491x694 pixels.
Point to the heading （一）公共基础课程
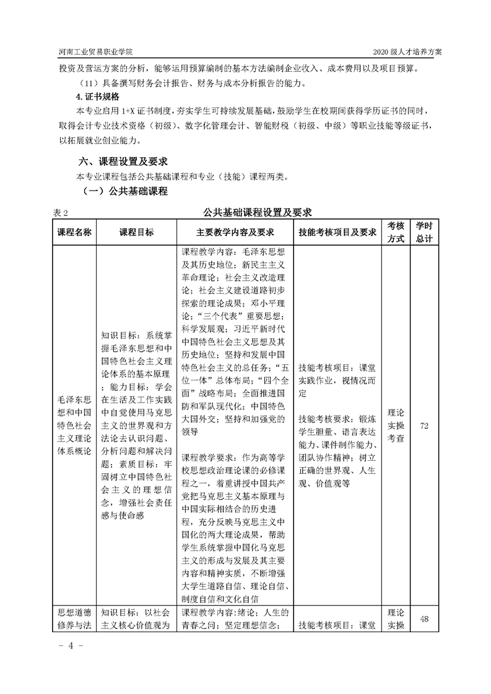(121, 191)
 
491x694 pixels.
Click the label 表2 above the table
(59, 213)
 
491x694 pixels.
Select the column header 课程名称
(74, 232)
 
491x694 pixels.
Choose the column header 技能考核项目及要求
(337, 232)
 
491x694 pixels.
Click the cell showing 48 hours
(424, 619)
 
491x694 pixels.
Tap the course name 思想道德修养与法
(74, 619)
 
